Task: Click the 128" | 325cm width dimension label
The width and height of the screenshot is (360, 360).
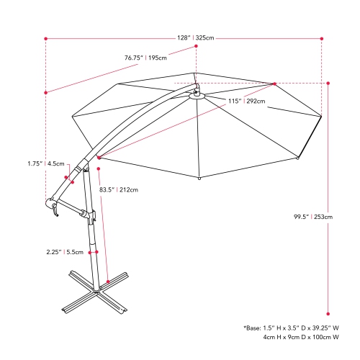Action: pos(199,37)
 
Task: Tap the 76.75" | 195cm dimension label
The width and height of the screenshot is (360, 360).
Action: pos(147,58)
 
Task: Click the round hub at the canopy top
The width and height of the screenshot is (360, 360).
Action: pos(195,94)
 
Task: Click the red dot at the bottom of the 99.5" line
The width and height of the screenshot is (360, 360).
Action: pos(329,314)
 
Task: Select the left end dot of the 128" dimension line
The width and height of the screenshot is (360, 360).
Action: pos(46,37)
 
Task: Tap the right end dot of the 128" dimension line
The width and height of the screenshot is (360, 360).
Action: pos(321,37)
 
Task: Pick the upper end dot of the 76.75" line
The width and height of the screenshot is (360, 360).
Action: pos(195,48)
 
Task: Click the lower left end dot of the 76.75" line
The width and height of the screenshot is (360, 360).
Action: pos(46,91)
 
